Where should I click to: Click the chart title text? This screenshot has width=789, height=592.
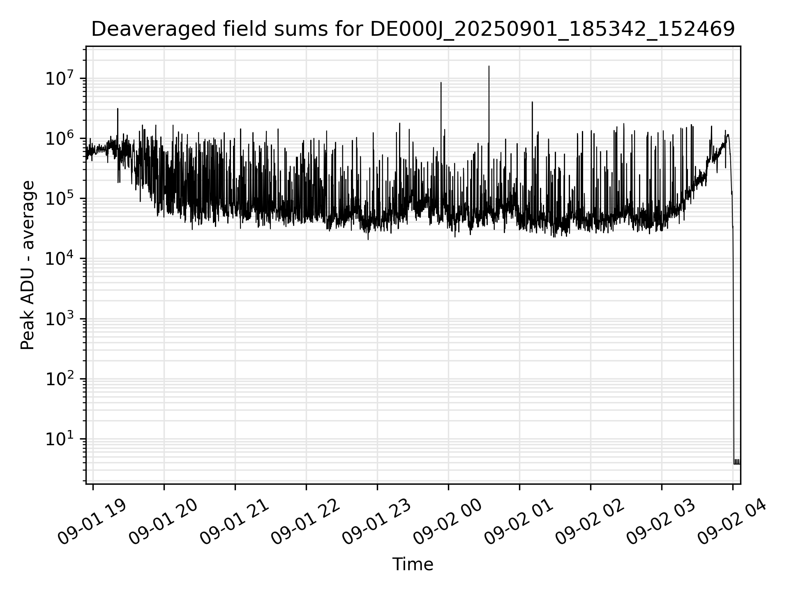point(413,30)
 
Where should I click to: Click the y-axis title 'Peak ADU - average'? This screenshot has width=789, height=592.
point(28,265)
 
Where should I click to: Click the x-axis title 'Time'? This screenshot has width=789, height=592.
point(413,564)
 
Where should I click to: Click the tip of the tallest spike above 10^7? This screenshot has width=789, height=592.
point(489,66)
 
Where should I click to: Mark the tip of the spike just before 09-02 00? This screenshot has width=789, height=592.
point(441,83)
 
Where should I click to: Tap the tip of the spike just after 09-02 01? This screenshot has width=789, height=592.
point(532,102)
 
